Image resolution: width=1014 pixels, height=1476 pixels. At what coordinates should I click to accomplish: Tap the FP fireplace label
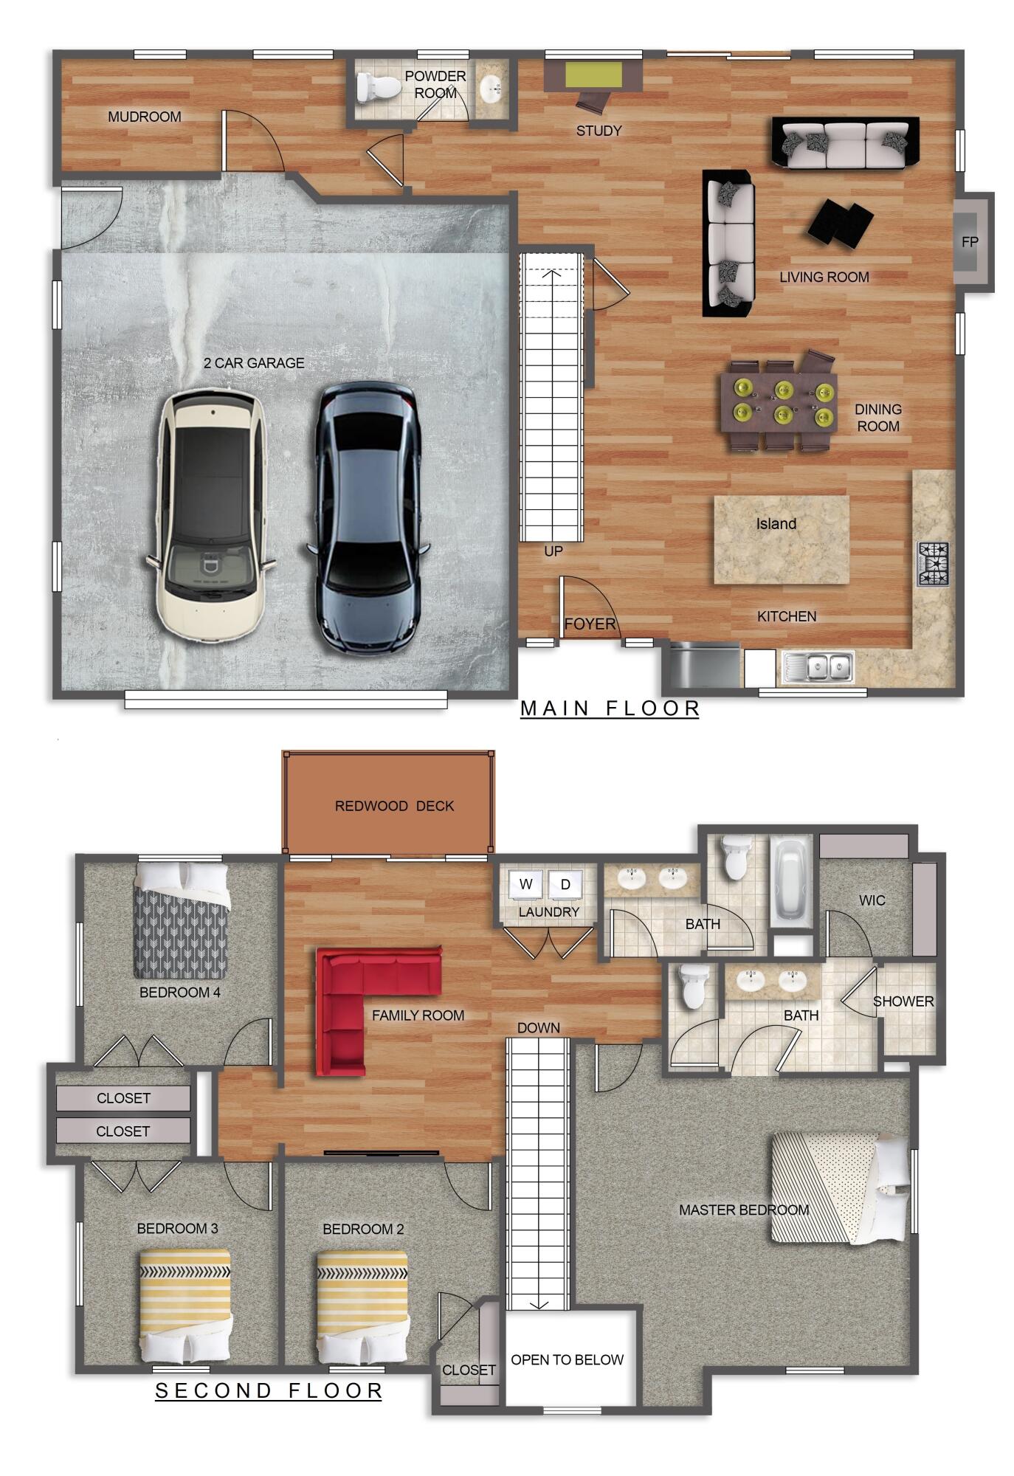(970, 241)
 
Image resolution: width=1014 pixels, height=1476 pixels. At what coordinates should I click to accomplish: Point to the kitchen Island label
(776, 524)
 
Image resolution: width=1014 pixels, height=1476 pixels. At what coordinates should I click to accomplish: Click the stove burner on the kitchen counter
(933, 564)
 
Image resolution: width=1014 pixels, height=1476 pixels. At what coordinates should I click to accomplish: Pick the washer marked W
(525, 884)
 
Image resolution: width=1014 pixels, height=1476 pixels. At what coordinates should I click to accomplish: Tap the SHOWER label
(903, 1001)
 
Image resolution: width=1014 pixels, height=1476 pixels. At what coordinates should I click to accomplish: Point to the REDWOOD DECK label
(394, 806)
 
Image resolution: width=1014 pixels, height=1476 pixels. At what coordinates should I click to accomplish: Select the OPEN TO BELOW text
(567, 1359)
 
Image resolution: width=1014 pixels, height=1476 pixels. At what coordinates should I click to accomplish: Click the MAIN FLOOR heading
(610, 708)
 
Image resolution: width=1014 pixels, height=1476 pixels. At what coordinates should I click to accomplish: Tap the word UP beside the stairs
(553, 551)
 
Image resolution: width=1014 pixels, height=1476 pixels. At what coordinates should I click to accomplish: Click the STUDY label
(599, 131)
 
